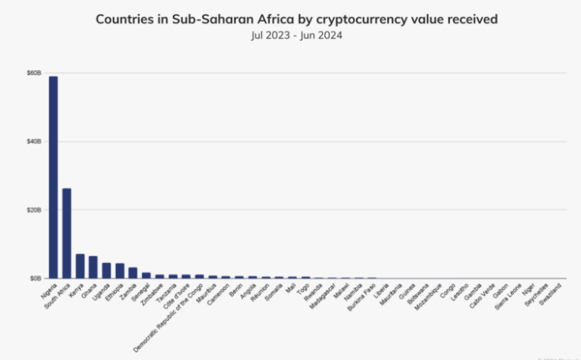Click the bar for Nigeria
[x=54, y=178]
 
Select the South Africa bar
[x=67, y=233]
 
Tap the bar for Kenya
[x=80, y=266]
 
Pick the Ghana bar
[x=93, y=267]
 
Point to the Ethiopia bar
[x=120, y=271]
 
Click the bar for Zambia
[x=133, y=273]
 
